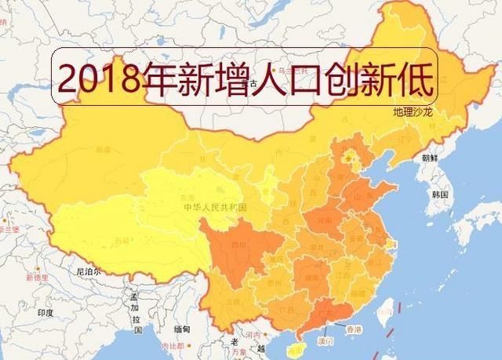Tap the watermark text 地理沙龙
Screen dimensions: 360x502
point(413,112)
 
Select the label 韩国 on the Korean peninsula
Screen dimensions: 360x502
point(439,193)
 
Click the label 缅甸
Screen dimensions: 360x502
point(182,329)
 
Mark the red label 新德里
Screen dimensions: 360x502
point(35,278)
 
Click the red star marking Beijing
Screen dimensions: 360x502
point(350,163)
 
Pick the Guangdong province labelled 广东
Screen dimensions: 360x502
point(322,313)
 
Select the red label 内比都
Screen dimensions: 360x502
point(169,346)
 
